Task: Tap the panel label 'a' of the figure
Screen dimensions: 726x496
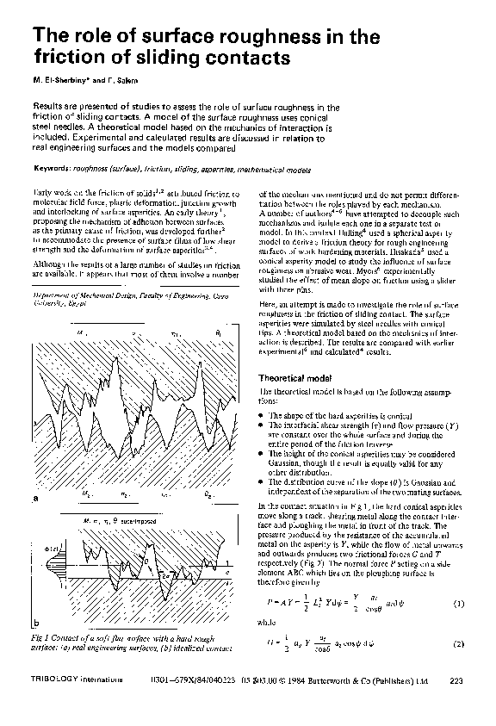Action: pos(35,498)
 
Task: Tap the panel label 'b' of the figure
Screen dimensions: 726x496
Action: pos(35,622)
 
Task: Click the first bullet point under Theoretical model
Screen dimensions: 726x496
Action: pos(262,415)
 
